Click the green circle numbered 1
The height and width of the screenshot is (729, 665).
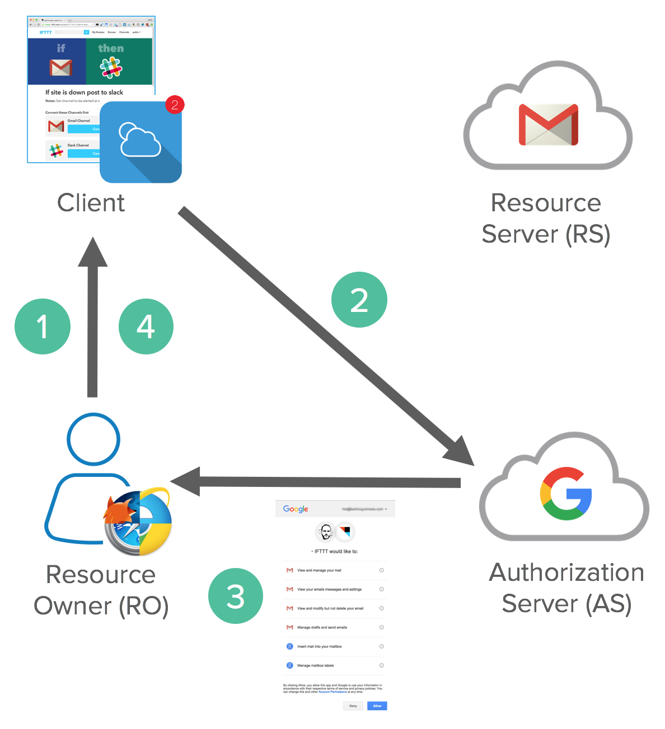pyautogui.click(x=43, y=326)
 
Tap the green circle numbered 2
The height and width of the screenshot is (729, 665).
pyautogui.click(x=359, y=300)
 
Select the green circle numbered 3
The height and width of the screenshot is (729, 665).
pyautogui.click(x=235, y=596)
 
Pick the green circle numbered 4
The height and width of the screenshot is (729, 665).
pyautogui.click(x=146, y=326)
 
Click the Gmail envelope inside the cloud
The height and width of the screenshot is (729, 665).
pyautogui.click(x=548, y=125)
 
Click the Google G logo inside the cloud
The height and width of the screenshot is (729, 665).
pyautogui.click(x=565, y=494)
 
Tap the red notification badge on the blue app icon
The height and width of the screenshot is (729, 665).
pyautogui.click(x=175, y=105)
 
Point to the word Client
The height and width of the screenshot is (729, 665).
pyautogui.click(x=91, y=202)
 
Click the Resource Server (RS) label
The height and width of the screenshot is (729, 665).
pyautogui.click(x=546, y=218)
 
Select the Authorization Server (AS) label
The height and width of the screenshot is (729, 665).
pyautogui.click(x=566, y=588)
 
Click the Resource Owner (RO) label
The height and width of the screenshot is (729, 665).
pyautogui.click(x=101, y=590)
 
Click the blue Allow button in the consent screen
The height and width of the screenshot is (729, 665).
pyautogui.click(x=377, y=706)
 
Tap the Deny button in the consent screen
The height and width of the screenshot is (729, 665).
pyautogui.click(x=353, y=706)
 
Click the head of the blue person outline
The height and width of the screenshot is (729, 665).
pyautogui.click(x=93, y=439)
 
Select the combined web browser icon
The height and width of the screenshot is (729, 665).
pyautogui.click(x=138, y=523)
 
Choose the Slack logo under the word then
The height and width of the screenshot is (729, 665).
pyautogui.click(x=111, y=68)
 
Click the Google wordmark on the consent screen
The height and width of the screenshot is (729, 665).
pyautogui.click(x=296, y=509)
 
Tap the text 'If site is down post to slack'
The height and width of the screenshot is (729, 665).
pyautogui.click(x=84, y=92)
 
